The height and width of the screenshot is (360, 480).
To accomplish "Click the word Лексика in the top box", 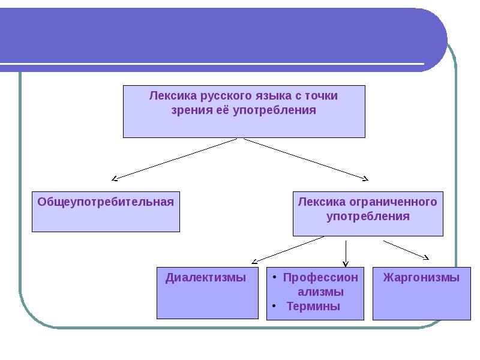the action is point(173,96).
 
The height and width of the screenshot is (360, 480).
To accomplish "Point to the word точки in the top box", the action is point(321,96).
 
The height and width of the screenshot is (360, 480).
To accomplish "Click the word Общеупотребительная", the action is point(106,203).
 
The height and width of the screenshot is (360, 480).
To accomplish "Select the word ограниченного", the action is point(393,203).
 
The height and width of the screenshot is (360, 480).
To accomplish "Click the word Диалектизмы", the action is point(206,278).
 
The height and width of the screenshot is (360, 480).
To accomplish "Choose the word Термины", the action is point(313,307).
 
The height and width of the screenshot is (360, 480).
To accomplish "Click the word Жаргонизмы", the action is point(421,278).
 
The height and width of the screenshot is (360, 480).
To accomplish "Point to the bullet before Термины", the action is point(274,306).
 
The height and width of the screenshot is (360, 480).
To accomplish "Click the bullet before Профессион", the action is point(274,277).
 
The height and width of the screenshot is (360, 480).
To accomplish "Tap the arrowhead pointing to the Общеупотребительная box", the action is point(114,178).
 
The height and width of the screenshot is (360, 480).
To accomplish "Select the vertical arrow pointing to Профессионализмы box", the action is point(346,254).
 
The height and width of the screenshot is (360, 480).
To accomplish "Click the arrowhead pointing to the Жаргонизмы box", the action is point(427,258).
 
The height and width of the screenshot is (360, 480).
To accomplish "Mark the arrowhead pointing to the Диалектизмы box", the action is point(254,262).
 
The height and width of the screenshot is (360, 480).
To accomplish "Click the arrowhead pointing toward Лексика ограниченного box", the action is point(366,179).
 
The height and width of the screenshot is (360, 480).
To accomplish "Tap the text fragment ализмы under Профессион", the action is point(320,292).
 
